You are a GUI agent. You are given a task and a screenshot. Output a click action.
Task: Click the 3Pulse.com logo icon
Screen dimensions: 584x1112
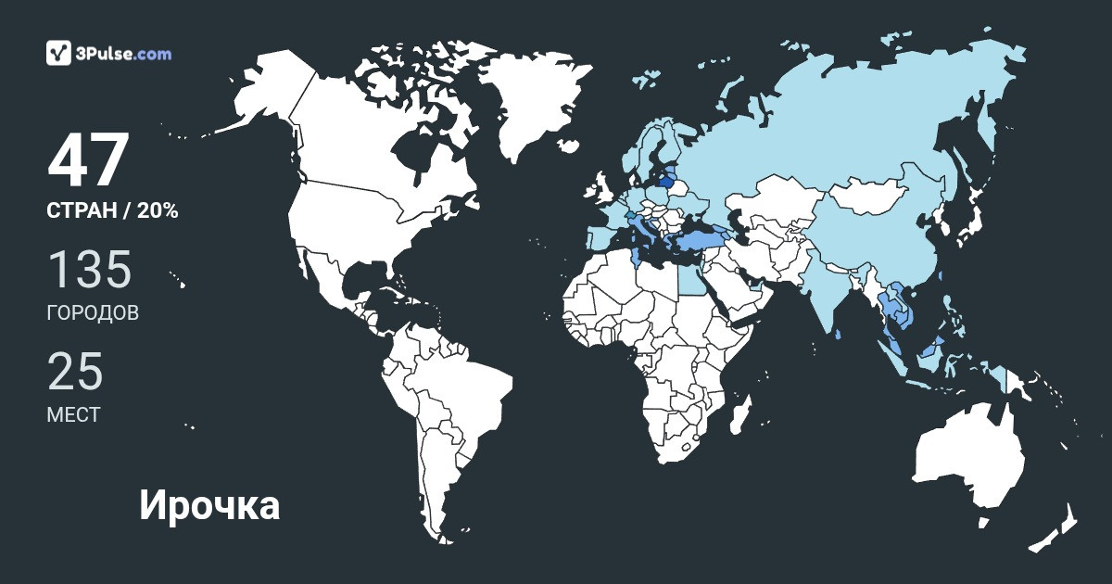[58, 53]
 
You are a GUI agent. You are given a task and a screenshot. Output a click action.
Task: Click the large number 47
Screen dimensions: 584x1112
[87, 161]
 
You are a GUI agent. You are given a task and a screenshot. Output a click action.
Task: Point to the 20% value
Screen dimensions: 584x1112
[158, 211]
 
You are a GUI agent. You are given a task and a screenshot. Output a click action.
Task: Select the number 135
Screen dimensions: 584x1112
[90, 269]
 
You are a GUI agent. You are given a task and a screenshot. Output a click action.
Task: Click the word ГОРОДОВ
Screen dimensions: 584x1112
[93, 312]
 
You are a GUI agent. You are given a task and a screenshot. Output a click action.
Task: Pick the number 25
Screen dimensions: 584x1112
[75, 372]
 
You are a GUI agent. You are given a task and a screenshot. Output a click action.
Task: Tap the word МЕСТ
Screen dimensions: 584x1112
[73, 415]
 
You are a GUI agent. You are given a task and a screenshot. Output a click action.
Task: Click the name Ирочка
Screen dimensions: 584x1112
[209, 506]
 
